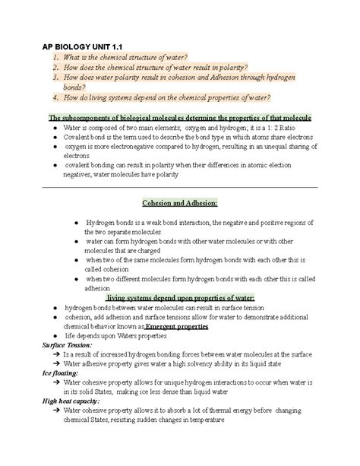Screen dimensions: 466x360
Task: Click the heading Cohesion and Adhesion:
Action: (180, 204)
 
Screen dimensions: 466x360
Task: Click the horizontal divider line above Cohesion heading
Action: (180, 187)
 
